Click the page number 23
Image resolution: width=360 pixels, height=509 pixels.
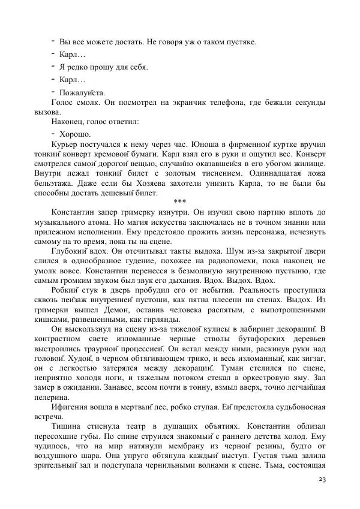[x=322, y=480]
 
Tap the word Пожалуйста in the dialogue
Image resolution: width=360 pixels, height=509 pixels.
[x=82, y=92]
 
